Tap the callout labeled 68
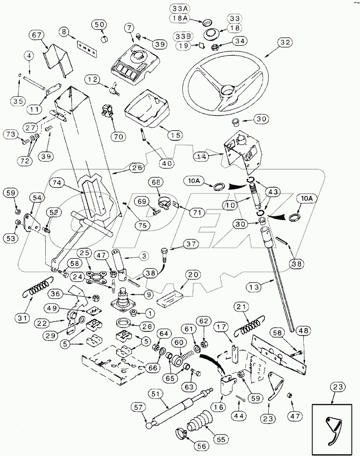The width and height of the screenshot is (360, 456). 157,182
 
